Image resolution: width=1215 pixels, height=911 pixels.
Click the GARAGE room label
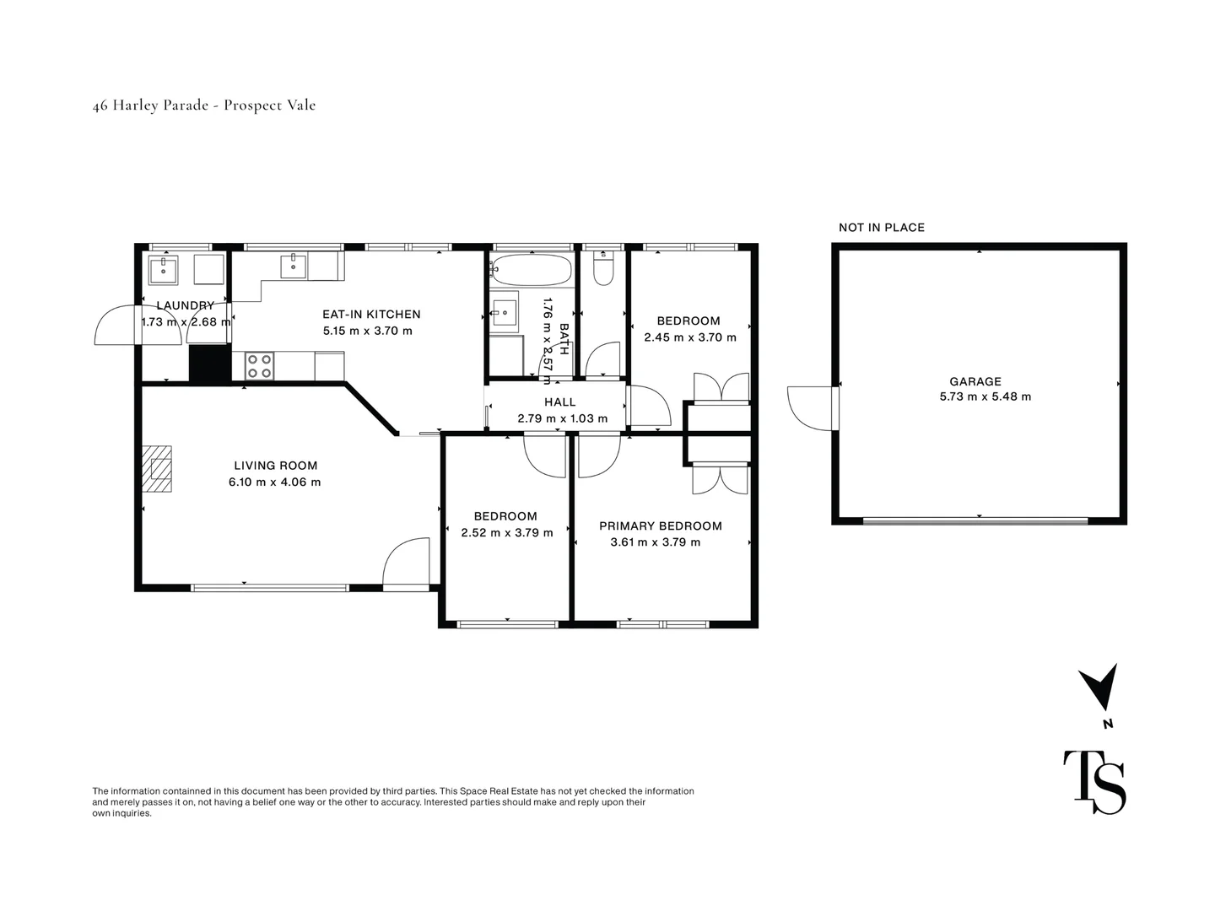pos(975,381)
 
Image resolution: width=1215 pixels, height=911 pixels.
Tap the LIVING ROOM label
pos(275,466)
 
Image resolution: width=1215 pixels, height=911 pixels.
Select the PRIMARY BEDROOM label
pos(660,526)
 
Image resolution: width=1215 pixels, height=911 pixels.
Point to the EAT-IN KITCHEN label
pos(371,315)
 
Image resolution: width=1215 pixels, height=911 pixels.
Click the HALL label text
pos(559,402)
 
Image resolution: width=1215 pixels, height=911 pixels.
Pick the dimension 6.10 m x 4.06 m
pos(275,482)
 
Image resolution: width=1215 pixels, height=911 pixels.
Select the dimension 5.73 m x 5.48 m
pos(985,396)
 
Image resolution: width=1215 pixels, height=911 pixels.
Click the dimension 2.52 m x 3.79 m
pos(506,532)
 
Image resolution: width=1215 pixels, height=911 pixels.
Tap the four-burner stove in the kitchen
pos(259,366)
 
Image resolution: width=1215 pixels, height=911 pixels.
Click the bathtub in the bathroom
pos(531,270)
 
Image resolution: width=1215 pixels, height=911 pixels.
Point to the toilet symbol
pos(603,269)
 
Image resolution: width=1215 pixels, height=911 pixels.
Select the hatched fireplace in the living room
pos(159,468)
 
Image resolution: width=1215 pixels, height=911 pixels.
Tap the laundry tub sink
pos(162,270)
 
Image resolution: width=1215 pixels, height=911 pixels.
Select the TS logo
pos(1093,782)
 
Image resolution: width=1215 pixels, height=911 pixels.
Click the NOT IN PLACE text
pos(881,228)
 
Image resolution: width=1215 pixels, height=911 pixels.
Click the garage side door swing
pos(810,408)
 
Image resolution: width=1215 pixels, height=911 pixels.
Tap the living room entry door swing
pos(406,563)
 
